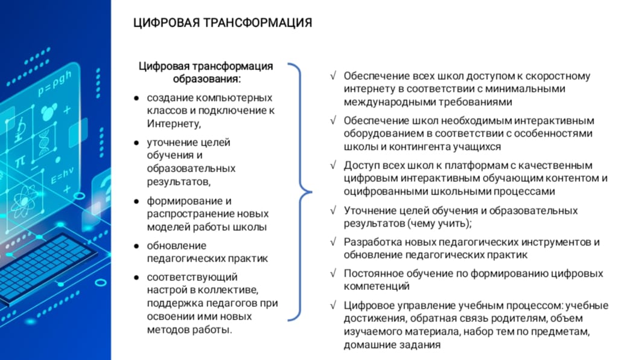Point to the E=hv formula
[x=63, y=178]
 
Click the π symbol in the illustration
[x=20, y=161]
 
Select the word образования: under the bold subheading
[x=206, y=79]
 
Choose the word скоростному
[x=559, y=76]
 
